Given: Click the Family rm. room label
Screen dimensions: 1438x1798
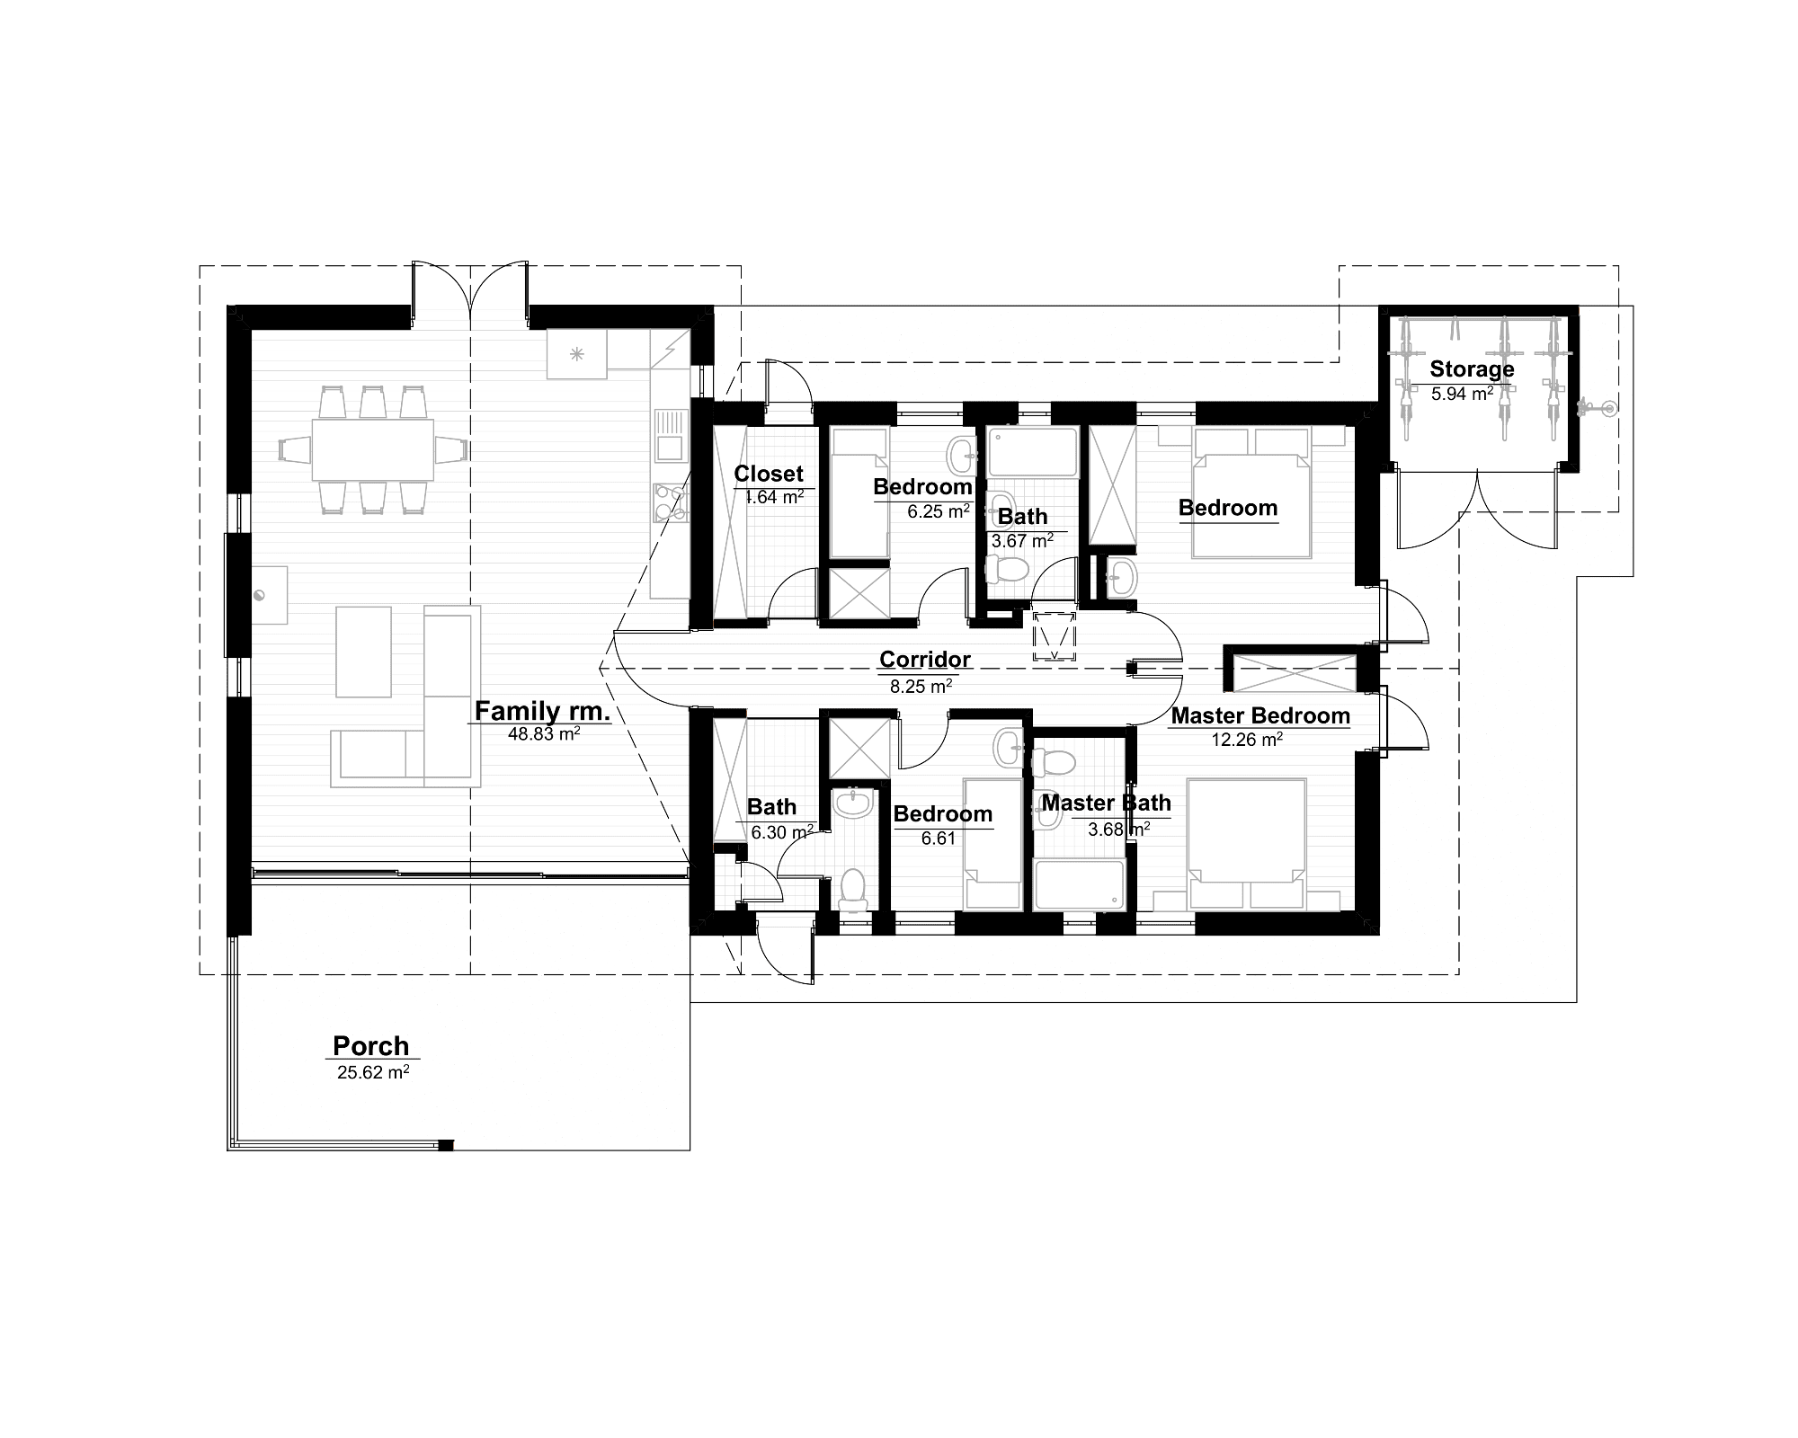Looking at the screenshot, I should (542, 711).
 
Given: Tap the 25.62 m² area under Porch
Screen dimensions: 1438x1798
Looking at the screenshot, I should (373, 1072).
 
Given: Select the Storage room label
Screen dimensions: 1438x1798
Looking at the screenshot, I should (1472, 369).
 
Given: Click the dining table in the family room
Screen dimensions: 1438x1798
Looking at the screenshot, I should (372, 449).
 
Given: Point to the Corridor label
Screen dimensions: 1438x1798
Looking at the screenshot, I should (924, 660).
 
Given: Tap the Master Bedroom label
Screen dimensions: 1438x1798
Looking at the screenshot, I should (1259, 716).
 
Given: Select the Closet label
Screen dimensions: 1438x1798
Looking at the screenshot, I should (769, 474).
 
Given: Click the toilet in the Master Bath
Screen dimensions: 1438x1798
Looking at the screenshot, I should (1054, 763).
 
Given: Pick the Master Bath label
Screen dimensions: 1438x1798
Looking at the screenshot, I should (1106, 803).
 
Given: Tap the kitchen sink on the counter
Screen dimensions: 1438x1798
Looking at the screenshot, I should (670, 433).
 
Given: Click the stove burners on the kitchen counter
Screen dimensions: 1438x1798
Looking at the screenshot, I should (669, 503).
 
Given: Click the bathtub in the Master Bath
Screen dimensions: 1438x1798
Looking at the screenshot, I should (1079, 885).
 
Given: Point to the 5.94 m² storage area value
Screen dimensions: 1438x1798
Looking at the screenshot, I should (1462, 393).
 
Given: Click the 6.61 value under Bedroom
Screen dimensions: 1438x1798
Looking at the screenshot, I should (938, 838).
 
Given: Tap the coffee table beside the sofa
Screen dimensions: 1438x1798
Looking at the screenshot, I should (363, 651).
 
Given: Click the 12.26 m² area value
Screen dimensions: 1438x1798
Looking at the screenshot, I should (1246, 740).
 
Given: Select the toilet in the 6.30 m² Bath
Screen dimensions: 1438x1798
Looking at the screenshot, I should (850, 887).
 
